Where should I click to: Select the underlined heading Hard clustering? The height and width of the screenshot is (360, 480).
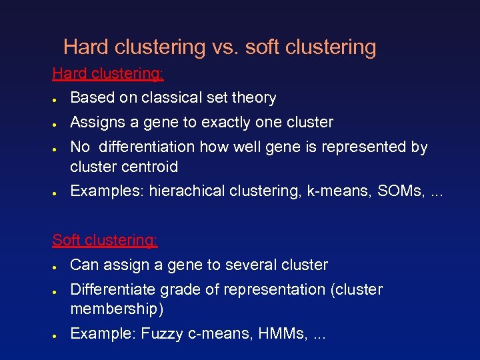point(108,73)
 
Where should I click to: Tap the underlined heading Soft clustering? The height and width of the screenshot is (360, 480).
point(105,240)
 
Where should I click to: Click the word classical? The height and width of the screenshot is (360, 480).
point(175,98)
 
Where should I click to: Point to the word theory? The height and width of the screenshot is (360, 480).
point(253,98)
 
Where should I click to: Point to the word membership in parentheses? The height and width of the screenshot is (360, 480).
point(115,309)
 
